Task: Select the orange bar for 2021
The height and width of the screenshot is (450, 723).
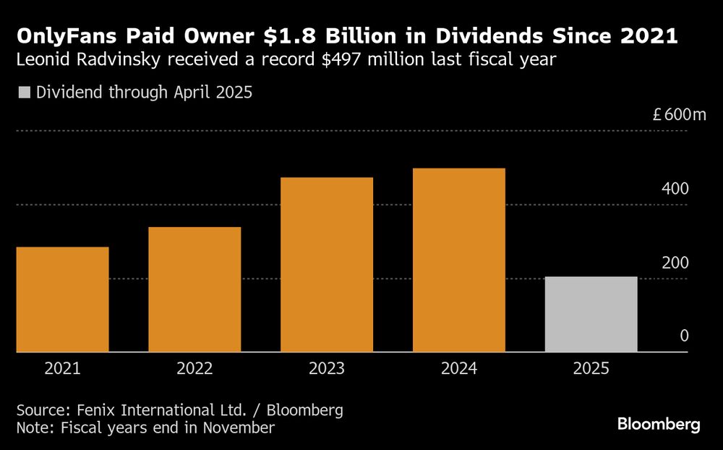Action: (x=62, y=300)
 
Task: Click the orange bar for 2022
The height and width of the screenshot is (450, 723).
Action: (x=194, y=289)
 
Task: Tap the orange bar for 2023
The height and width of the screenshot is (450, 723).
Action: (x=327, y=265)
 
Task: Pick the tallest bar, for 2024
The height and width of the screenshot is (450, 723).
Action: (x=458, y=260)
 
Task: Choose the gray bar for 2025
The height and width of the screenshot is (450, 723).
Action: (x=591, y=314)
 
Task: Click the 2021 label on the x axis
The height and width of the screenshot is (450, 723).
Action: (x=62, y=369)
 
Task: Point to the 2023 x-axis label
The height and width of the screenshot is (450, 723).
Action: (x=327, y=369)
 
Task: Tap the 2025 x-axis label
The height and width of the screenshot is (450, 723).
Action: (x=591, y=369)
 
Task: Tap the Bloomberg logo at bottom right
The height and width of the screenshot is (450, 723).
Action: (x=659, y=425)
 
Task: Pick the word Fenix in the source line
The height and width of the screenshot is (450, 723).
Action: (x=93, y=410)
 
